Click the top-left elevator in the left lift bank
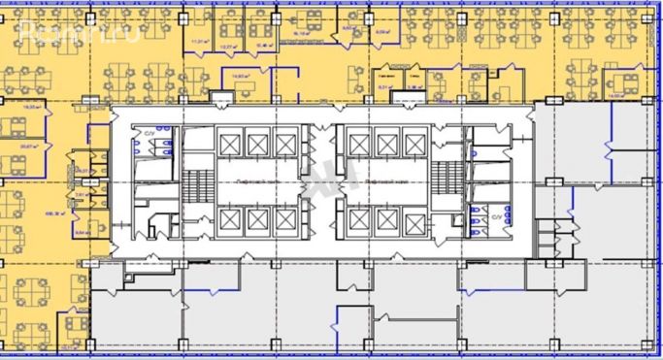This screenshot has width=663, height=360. point(230,145)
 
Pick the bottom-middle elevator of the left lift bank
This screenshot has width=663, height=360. point(257,220)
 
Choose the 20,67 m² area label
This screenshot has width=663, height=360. point(30,147)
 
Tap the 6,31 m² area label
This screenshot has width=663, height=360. point(384,86)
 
